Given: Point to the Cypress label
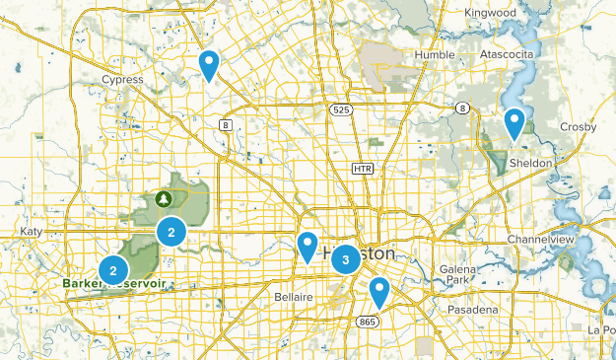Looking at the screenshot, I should click(x=123, y=79).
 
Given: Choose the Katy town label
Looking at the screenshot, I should click(x=31, y=231).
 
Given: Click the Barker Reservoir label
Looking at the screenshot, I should click(x=113, y=284).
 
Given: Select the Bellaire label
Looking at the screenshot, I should click(x=293, y=297).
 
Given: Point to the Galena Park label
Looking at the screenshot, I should click(x=458, y=274).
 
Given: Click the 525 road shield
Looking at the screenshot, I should click(x=341, y=108).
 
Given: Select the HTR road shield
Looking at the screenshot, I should click(x=363, y=170).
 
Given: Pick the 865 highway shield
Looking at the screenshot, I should click(x=368, y=322).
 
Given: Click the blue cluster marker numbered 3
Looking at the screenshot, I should click(x=345, y=259).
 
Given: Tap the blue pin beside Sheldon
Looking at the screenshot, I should click(x=513, y=123).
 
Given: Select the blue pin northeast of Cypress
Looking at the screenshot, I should click(x=209, y=64).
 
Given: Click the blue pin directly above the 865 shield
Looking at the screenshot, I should click(x=379, y=291).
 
